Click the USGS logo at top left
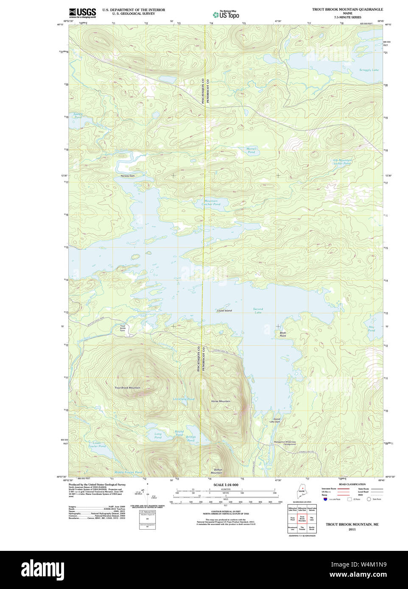[82, 13]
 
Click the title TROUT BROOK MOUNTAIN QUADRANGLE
[347, 9]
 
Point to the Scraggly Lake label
[369, 70]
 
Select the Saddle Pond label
[78, 115]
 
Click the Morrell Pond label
[252, 150]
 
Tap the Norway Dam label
[127, 176]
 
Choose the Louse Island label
[224, 311]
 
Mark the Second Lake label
[258, 311]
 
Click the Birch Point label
[282, 334]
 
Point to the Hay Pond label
[372, 328]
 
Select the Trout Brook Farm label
[123, 328]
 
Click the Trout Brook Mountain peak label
[127, 388]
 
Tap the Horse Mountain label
[221, 401]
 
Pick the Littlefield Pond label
[184, 399]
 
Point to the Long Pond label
[158, 436]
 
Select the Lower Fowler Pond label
[97, 445]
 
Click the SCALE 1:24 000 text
[226, 485]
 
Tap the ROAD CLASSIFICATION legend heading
[352, 484]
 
